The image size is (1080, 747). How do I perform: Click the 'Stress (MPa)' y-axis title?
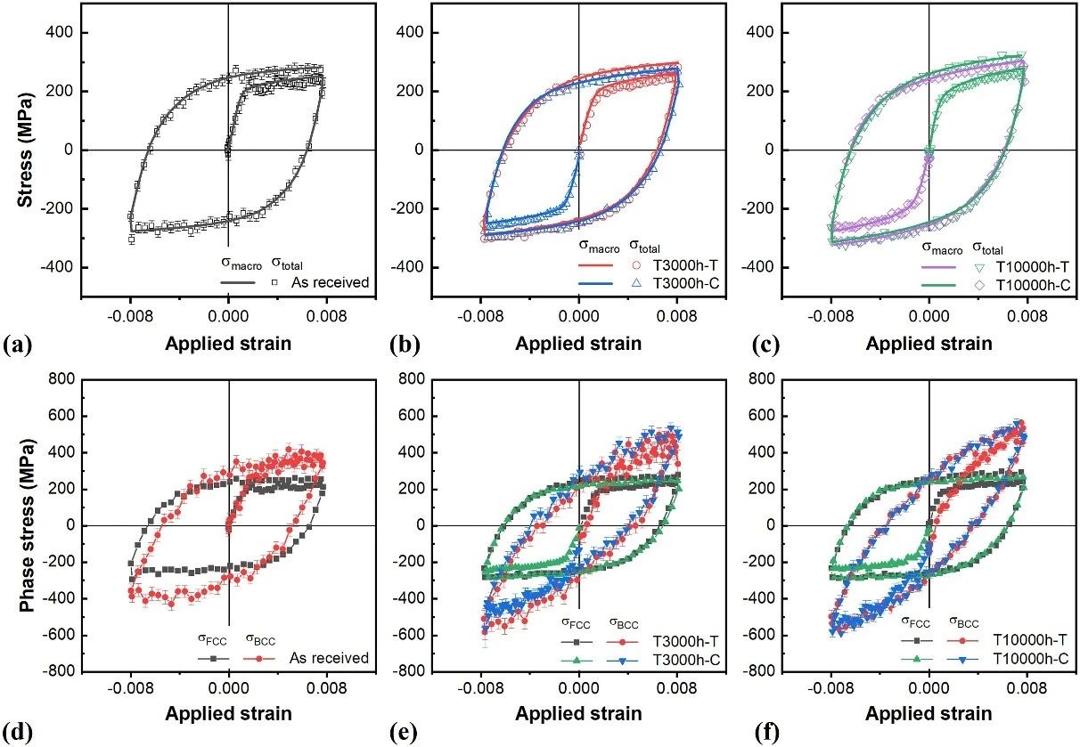[27, 150]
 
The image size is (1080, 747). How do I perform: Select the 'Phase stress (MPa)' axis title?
[27, 525]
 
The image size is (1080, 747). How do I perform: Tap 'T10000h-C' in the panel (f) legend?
[1029, 659]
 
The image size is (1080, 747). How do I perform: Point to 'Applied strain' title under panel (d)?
[229, 713]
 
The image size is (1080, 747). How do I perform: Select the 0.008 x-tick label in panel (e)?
[677, 688]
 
